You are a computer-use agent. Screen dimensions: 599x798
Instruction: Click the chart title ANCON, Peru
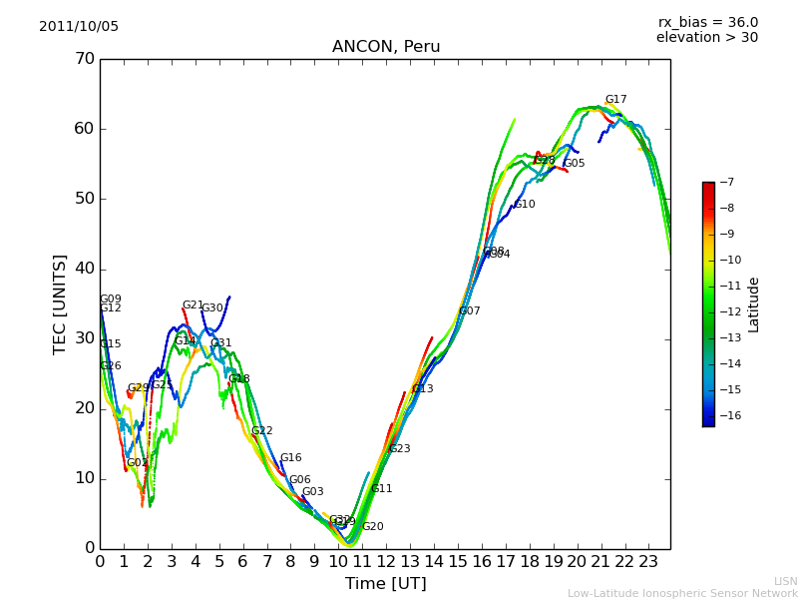(386, 47)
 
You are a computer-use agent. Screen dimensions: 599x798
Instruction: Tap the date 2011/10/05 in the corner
(79, 27)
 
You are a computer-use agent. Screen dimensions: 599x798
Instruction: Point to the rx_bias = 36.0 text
(707, 23)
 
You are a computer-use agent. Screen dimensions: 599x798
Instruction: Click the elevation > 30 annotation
(706, 38)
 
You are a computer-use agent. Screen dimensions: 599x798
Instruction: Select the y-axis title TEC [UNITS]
(61, 303)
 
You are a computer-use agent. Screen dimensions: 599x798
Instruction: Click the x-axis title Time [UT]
(386, 584)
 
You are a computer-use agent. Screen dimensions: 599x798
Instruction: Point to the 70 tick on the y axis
(84, 59)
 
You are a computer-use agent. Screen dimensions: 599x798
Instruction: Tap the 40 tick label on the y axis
(84, 269)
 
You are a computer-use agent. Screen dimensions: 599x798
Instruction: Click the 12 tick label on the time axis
(386, 561)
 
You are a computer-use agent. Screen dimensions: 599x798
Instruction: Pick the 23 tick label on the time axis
(648, 561)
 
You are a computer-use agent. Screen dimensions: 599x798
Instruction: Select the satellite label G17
(616, 100)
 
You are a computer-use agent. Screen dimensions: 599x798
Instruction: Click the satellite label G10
(525, 205)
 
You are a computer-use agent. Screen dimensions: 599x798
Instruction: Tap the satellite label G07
(470, 311)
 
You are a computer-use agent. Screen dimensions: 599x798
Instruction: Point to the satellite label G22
(262, 431)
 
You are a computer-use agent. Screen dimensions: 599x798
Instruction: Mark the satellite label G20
(373, 527)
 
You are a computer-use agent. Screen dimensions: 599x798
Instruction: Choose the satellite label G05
(575, 164)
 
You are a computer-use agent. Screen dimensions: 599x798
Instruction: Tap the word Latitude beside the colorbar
(754, 304)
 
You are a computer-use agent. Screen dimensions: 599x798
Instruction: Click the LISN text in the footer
(786, 581)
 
